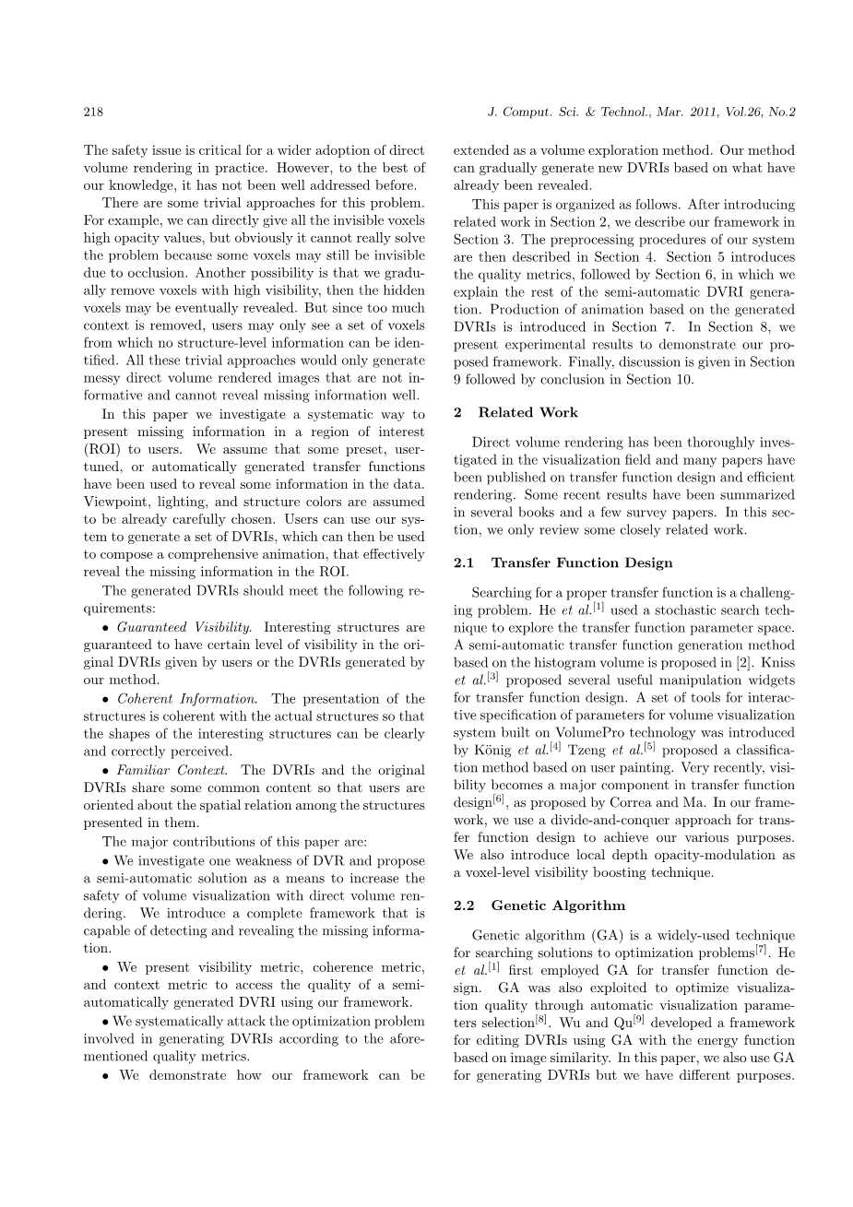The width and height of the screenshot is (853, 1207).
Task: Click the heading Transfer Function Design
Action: click(x=582, y=562)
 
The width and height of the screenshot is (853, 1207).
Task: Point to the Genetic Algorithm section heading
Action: click(x=558, y=905)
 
